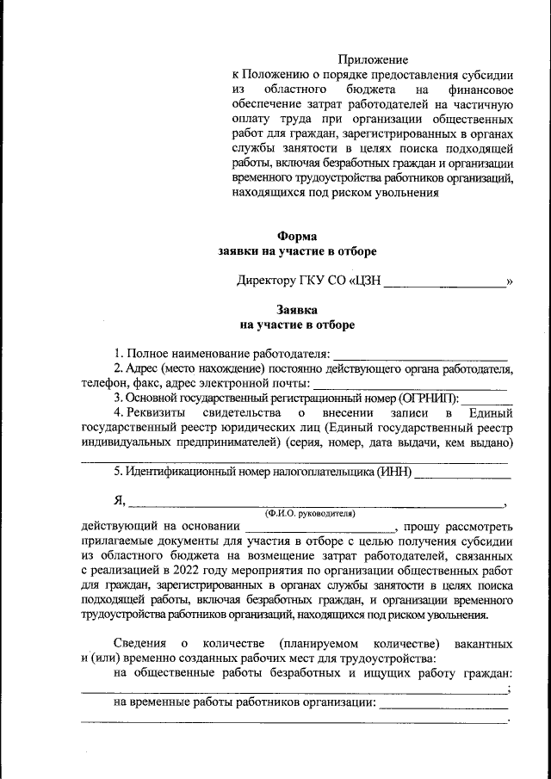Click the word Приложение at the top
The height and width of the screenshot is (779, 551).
[372, 59]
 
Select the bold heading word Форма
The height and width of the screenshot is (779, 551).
[297, 236]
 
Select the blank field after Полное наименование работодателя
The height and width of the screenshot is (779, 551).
[420, 355]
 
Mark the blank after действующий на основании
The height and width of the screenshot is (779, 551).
[319, 527]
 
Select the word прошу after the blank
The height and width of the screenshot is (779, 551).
[424, 526]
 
